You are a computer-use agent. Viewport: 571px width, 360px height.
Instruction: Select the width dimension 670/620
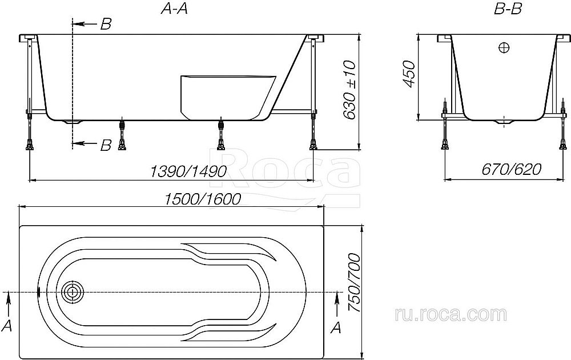[x=511, y=170]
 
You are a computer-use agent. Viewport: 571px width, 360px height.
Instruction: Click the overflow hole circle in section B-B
[x=504, y=48]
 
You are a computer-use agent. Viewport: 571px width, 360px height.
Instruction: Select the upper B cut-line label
[x=106, y=24]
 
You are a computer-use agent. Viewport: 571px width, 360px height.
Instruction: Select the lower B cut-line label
[x=106, y=145]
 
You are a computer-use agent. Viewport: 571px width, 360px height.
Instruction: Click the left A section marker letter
[x=8, y=325]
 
